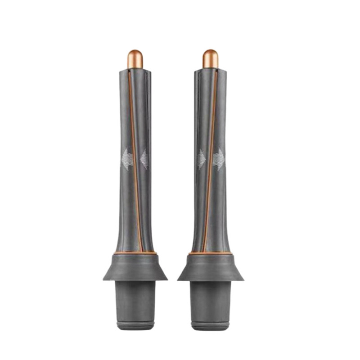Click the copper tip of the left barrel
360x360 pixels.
click(135, 59)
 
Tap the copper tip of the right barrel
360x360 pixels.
click(210, 59)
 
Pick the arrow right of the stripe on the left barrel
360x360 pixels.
click(144, 159)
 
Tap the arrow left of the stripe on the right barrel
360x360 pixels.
click(202, 159)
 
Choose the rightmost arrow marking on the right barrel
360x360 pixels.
click(219, 159)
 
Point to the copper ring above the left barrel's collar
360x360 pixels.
click(135, 253)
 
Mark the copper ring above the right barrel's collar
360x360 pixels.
click(210, 253)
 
